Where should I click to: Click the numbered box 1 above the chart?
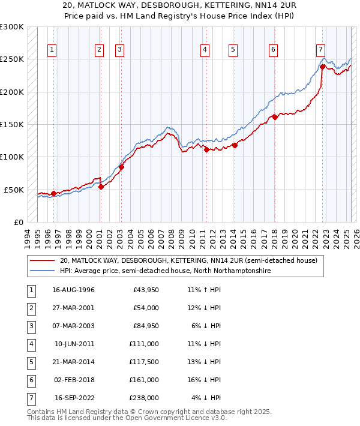[x=53, y=50]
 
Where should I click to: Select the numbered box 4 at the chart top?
[x=205, y=50]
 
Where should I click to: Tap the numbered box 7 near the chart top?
[x=321, y=50]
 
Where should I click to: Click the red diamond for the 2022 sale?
[x=322, y=67]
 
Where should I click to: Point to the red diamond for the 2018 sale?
[x=275, y=117]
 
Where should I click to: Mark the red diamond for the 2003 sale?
[x=121, y=167]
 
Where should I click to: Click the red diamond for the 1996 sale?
[x=53, y=193]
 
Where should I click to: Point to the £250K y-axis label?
[x=12, y=59]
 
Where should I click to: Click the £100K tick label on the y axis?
[x=12, y=157]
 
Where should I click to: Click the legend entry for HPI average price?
[x=165, y=271]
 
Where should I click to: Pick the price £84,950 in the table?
[x=145, y=326]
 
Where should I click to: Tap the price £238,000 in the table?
[x=145, y=398]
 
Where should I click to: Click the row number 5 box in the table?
[x=31, y=362]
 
